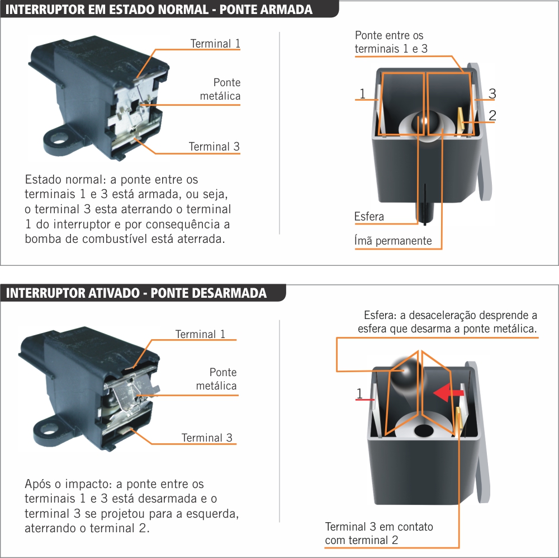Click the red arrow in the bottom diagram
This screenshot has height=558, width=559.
[448, 393]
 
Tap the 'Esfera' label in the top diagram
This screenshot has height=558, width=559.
[369, 217]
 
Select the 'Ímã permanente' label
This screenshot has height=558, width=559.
[393, 241]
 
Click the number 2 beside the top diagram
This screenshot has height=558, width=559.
[492, 115]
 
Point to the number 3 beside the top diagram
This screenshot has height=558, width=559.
[492, 93]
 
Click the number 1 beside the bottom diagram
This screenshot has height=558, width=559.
[359, 393]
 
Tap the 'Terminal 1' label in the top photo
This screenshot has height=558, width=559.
[215, 44]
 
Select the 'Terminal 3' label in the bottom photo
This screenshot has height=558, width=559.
[207, 438]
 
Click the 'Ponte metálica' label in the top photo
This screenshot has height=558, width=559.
[220, 89]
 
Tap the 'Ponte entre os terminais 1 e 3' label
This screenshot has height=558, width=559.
[391, 42]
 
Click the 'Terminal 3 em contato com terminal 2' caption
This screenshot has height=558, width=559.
[379, 533]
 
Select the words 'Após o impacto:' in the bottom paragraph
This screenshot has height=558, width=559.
[69, 484]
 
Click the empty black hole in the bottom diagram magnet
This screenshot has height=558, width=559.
[424, 430]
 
